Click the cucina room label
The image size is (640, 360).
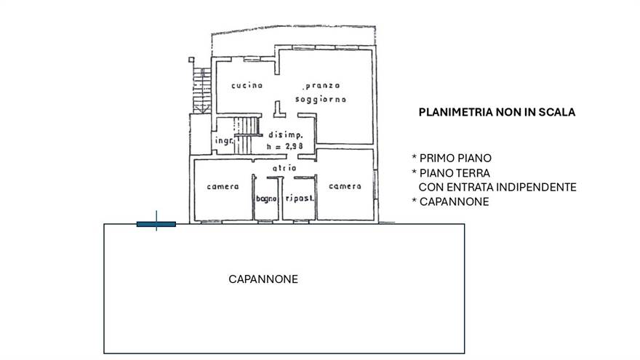coord(247,86)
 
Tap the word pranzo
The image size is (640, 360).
coord(323,86)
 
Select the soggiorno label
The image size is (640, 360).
coord(321,98)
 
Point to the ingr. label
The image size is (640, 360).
coord(223,142)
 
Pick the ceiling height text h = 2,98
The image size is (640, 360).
coord(286,146)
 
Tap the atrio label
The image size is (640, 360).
coord(284,168)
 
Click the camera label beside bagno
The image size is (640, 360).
coord(223,186)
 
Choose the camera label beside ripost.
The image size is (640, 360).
coord(344,186)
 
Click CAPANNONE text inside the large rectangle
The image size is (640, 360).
coord(263,279)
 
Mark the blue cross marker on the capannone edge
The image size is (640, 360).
coord(156,223)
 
